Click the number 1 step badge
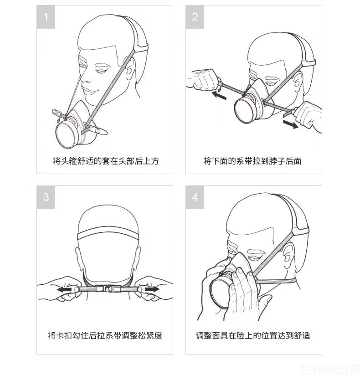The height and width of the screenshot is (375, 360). coord(46,17)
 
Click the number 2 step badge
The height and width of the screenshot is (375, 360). coord(195,17)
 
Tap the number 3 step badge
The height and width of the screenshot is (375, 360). coord(46,197)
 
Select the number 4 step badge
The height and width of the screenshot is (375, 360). coord(195,197)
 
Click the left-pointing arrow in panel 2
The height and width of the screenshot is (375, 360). coord(219,95)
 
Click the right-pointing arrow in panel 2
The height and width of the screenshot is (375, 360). coord(291,124)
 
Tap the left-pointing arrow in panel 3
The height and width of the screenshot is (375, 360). coord(64,289)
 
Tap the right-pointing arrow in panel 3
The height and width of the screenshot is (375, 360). coord(152,289)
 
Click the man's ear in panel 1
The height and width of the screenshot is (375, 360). coord(130,69)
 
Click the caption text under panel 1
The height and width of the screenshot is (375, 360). coord(106,161)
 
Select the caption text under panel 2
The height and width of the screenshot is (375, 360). coord(252,161)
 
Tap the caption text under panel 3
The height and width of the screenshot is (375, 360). coord(105,335)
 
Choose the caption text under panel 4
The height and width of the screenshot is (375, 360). coord(253,335)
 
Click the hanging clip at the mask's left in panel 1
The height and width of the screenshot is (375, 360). coord(57,114)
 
